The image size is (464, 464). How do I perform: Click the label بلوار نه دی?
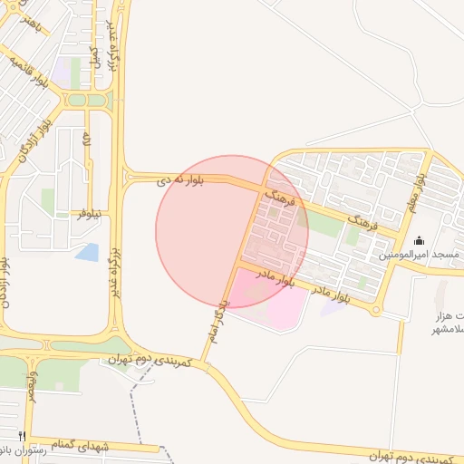coord(181,180)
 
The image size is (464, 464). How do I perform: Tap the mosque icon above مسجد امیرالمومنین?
coord(419,241)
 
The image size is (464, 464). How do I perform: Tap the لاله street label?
coord(87,141)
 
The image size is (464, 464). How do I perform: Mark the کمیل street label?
coord(93,54)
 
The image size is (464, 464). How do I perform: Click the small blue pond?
coord(87,252)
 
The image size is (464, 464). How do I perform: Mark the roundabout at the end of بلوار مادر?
coord(374,310)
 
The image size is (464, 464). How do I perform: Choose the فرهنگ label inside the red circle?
coord(278,198)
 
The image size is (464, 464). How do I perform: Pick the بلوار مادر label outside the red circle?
coord(331,295)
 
